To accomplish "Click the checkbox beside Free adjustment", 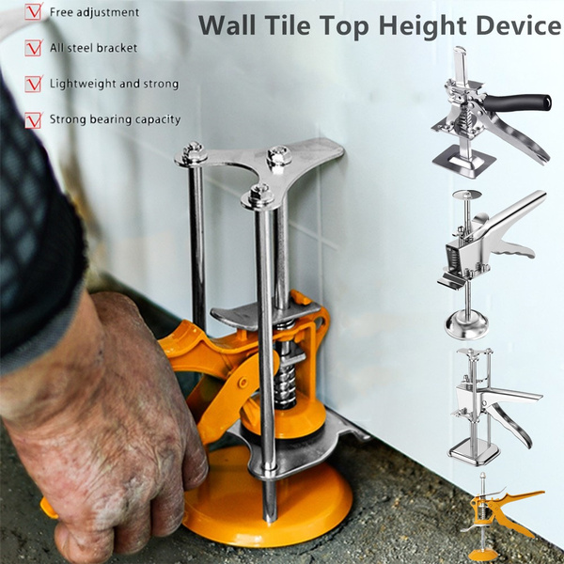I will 33,13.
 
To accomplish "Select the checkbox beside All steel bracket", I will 33,48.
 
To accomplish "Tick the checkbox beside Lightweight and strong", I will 33,85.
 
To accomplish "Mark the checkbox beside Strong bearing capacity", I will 33,120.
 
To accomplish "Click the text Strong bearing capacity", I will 115,119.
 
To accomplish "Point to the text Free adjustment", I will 94,12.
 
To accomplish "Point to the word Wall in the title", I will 229,25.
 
